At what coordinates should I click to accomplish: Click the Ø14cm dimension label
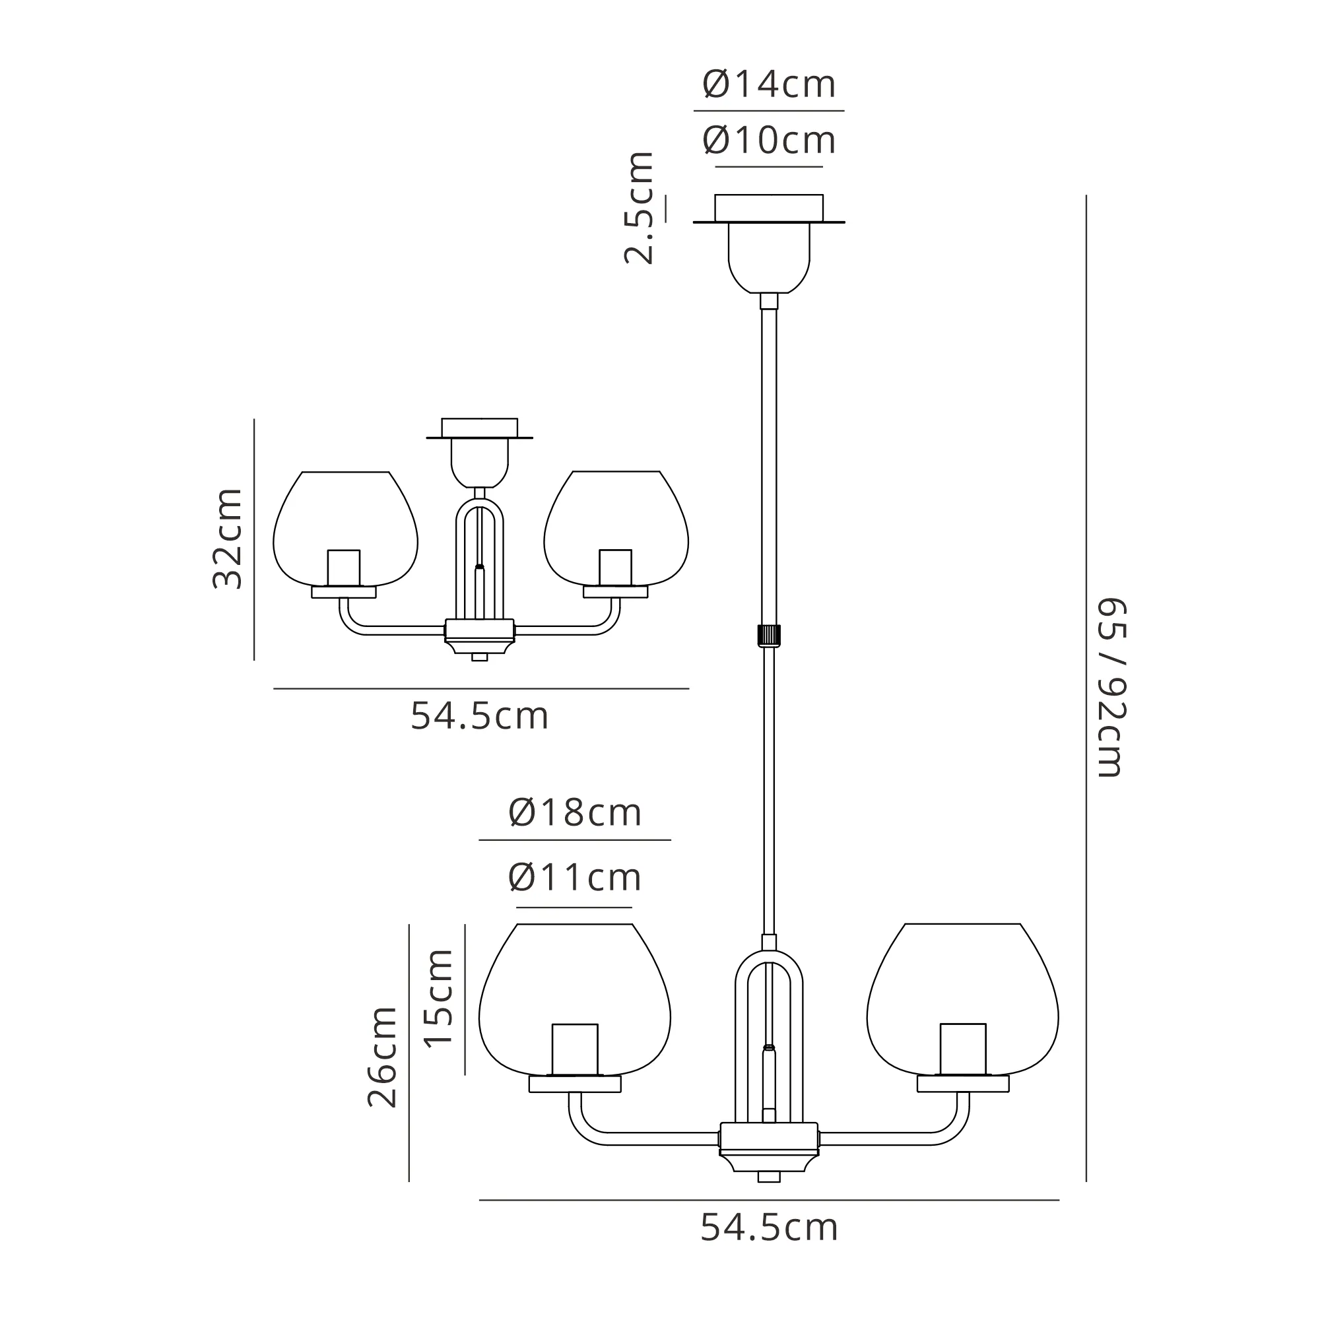click(770, 84)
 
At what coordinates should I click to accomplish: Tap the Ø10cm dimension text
click(770, 141)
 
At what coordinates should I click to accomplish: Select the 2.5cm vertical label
click(639, 208)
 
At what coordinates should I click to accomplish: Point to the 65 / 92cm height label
click(1111, 688)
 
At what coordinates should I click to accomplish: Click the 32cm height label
click(228, 539)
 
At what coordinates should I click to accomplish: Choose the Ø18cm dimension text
click(576, 813)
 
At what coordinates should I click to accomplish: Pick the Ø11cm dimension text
click(576, 878)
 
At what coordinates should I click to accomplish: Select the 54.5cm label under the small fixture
click(480, 717)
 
